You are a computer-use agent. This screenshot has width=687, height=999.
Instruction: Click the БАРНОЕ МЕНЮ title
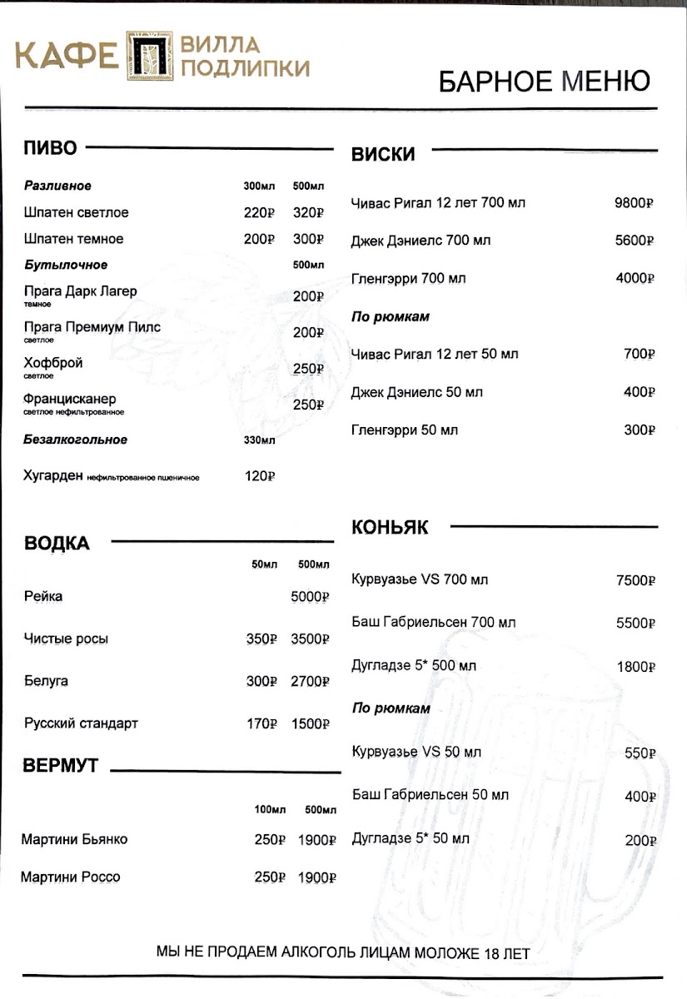544,82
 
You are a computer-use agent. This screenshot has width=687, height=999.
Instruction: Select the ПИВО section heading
50,149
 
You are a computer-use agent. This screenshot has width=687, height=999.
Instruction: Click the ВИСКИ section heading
383,154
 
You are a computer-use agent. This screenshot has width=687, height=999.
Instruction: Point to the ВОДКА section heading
57,544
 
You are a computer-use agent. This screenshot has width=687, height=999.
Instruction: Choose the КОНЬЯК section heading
390,528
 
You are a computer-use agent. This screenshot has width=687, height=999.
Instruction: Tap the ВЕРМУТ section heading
61,767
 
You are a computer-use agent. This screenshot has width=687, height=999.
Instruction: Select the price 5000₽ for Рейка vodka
311,597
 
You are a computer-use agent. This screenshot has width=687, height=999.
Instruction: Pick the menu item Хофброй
53,364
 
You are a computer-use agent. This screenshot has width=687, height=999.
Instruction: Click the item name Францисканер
70,399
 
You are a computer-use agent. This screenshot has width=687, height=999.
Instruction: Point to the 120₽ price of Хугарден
259,477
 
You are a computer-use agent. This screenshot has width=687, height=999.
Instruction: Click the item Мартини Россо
71,877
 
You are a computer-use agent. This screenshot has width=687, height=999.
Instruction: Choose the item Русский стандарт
81,723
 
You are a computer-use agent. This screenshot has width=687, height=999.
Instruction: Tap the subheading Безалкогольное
75,440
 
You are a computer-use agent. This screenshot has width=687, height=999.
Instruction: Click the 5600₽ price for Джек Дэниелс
635,241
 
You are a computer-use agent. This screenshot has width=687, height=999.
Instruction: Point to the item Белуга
46,681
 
